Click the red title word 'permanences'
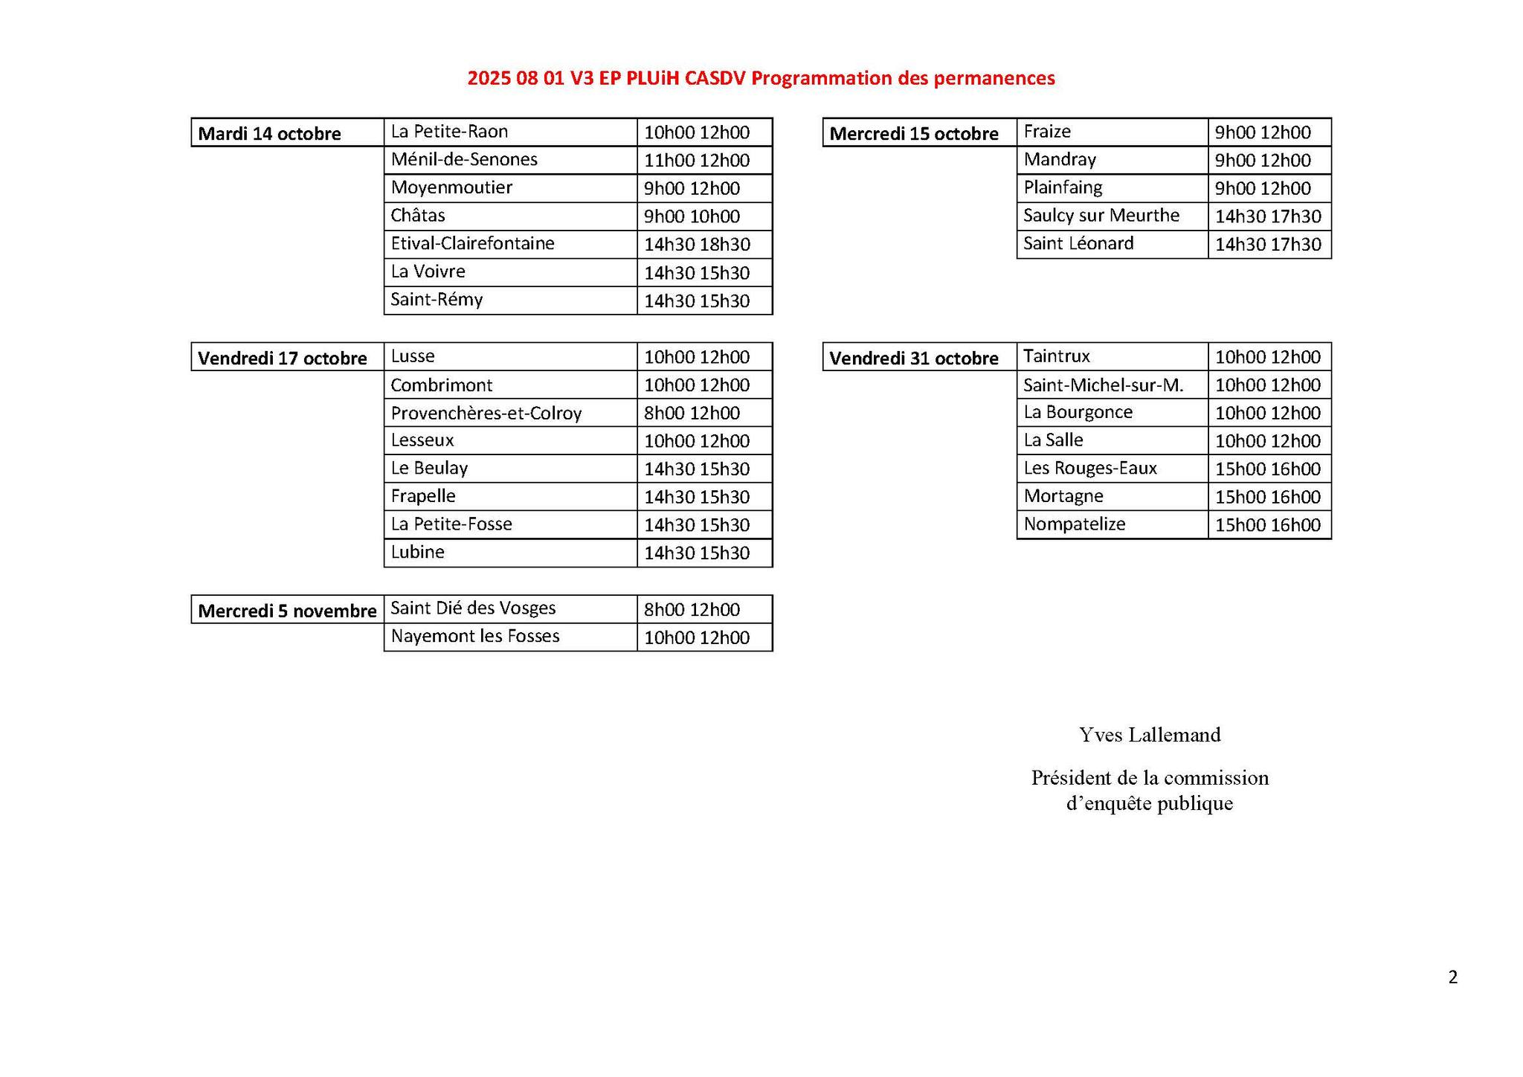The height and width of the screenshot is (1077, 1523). [x=994, y=78]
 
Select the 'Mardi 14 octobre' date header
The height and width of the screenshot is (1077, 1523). [x=269, y=134]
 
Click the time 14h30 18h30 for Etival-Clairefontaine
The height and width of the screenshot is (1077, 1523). [x=697, y=245]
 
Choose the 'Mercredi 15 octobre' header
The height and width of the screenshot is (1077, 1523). [x=913, y=134]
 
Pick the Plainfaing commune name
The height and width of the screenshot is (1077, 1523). [x=1063, y=187]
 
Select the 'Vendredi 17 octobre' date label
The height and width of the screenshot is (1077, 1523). [x=283, y=359]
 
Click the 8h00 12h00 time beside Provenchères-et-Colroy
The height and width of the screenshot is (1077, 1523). [x=692, y=414]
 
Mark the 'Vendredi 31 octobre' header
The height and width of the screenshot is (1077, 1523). [x=913, y=359]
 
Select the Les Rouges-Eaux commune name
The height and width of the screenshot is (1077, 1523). [x=1089, y=469]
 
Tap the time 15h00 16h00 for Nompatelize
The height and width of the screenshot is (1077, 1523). [x=1267, y=525]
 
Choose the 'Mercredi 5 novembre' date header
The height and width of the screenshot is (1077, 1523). [x=287, y=611]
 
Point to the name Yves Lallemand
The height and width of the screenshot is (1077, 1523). [x=1150, y=735]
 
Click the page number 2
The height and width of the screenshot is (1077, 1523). [x=1452, y=977]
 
